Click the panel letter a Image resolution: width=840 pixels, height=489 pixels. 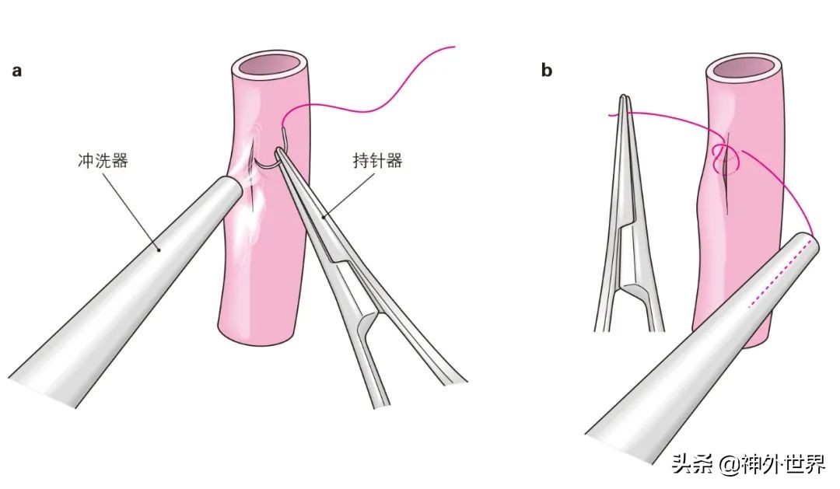click(17, 71)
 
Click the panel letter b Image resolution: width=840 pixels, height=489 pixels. click(547, 70)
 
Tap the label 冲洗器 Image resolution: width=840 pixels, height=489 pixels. click(103, 160)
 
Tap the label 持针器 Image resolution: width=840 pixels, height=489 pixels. click(377, 160)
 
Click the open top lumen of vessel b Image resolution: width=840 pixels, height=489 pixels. click(744, 68)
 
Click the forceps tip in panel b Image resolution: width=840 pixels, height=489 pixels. click(624, 99)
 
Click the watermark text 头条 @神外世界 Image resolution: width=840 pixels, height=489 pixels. click(748, 463)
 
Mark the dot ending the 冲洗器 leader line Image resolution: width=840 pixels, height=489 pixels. click(158, 249)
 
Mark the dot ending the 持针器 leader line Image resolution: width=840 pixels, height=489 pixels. click(324, 217)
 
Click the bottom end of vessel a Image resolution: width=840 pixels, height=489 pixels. click(257, 335)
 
